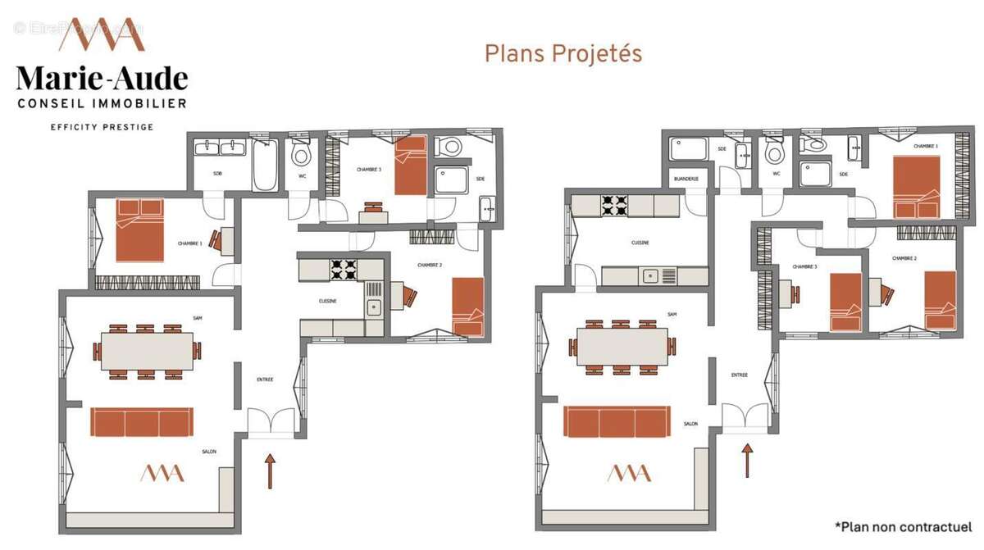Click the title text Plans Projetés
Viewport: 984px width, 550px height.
563,53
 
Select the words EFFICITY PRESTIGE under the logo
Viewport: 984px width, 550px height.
102,127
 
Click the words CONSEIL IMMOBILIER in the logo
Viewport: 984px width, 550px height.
102,103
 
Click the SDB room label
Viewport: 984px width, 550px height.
217,174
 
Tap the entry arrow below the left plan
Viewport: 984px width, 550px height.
270,470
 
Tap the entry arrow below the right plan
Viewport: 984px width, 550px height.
746,460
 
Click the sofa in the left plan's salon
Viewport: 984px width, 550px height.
142,422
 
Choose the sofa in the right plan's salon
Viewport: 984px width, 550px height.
617,422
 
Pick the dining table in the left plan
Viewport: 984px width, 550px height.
148,351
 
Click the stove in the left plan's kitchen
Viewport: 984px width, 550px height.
343,268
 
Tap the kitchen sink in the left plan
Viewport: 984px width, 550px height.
373,307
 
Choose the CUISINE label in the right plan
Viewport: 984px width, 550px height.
640,243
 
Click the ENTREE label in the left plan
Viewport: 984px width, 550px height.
264,380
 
